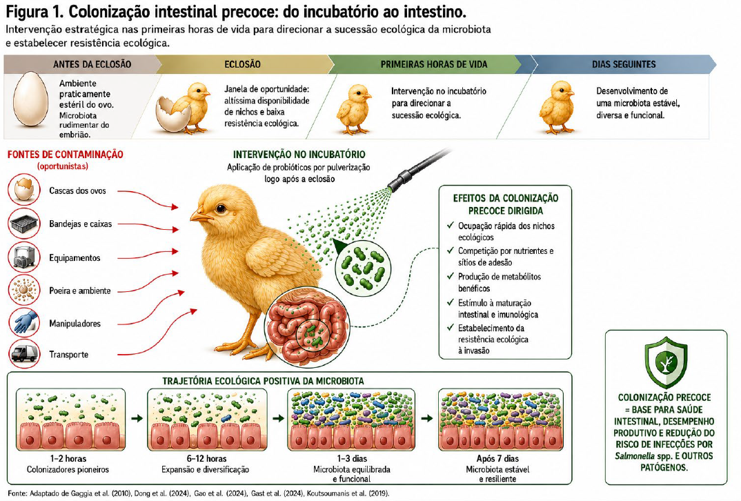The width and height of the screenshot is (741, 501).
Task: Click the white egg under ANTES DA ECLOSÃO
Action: (x=31, y=98)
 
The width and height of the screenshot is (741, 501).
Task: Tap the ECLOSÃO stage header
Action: (x=242, y=64)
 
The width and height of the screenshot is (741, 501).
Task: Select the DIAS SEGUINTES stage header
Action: (x=624, y=64)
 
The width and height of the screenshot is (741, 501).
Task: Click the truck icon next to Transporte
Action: (x=24, y=353)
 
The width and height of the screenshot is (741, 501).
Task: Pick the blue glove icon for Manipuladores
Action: (x=24, y=322)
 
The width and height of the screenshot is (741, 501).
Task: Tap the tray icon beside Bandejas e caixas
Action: (x=24, y=223)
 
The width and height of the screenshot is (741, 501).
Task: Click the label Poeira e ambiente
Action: (x=80, y=291)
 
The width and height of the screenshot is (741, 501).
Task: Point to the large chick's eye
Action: (x=221, y=208)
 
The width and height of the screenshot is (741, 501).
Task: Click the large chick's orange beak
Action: (x=201, y=217)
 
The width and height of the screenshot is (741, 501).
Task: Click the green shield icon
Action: (x=666, y=362)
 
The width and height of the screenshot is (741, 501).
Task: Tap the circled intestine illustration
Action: (x=308, y=327)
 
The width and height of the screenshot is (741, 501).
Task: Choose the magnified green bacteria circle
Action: (x=363, y=268)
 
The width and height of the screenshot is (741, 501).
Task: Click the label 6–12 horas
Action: (x=206, y=458)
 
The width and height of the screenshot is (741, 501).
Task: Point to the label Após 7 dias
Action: (x=497, y=458)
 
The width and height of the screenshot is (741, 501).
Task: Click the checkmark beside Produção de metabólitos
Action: (x=451, y=276)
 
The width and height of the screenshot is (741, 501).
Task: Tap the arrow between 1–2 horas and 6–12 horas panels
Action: (x=137, y=418)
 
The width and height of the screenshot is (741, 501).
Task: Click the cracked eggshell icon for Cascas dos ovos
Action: (x=24, y=190)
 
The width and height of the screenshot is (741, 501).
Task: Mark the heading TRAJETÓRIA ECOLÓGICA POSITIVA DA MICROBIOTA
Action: (x=264, y=381)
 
